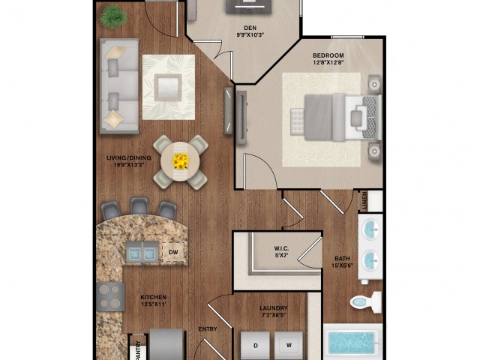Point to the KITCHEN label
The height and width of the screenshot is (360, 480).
[153, 297]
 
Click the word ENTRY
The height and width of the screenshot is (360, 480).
[208, 328]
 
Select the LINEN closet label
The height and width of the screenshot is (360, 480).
[365, 201]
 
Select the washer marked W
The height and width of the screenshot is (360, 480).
[287, 346]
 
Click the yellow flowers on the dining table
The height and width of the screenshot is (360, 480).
[181, 160]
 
